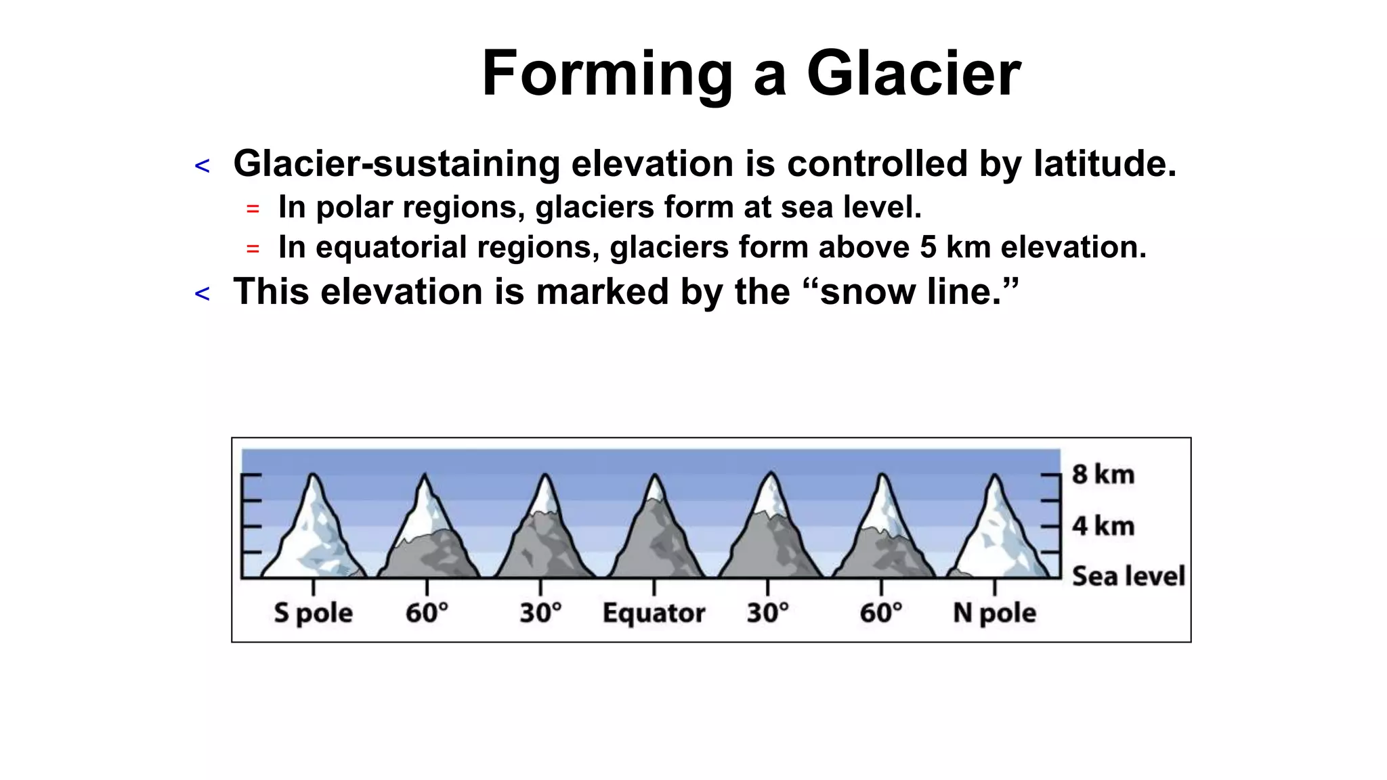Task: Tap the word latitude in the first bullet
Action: click(x=1105, y=164)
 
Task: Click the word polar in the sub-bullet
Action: click(x=354, y=207)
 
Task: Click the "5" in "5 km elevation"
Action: click(x=928, y=247)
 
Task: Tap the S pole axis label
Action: click(x=313, y=613)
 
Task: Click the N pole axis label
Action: click(x=994, y=613)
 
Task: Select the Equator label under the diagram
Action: click(x=654, y=613)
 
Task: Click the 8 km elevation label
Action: click(x=1103, y=474)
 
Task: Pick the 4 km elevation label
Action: click(x=1103, y=526)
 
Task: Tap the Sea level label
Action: click(x=1128, y=576)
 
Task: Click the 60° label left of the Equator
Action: click(x=427, y=613)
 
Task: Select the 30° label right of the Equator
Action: click(x=767, y=613)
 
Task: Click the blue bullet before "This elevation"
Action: click(x=202, y=294)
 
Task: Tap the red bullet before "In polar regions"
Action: click(x=253, y=209)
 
